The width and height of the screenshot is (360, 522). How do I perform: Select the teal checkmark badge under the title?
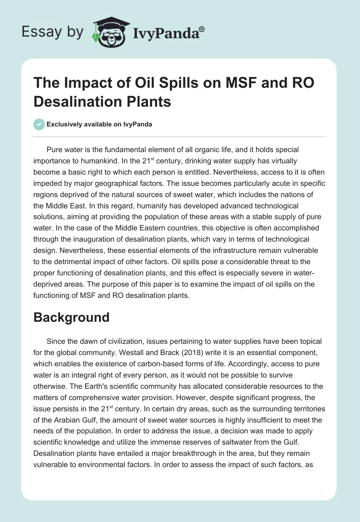pos(40,124)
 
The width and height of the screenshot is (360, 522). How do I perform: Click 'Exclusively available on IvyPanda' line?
pos(99,124)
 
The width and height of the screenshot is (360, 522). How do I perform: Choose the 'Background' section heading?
pos(72,317)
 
